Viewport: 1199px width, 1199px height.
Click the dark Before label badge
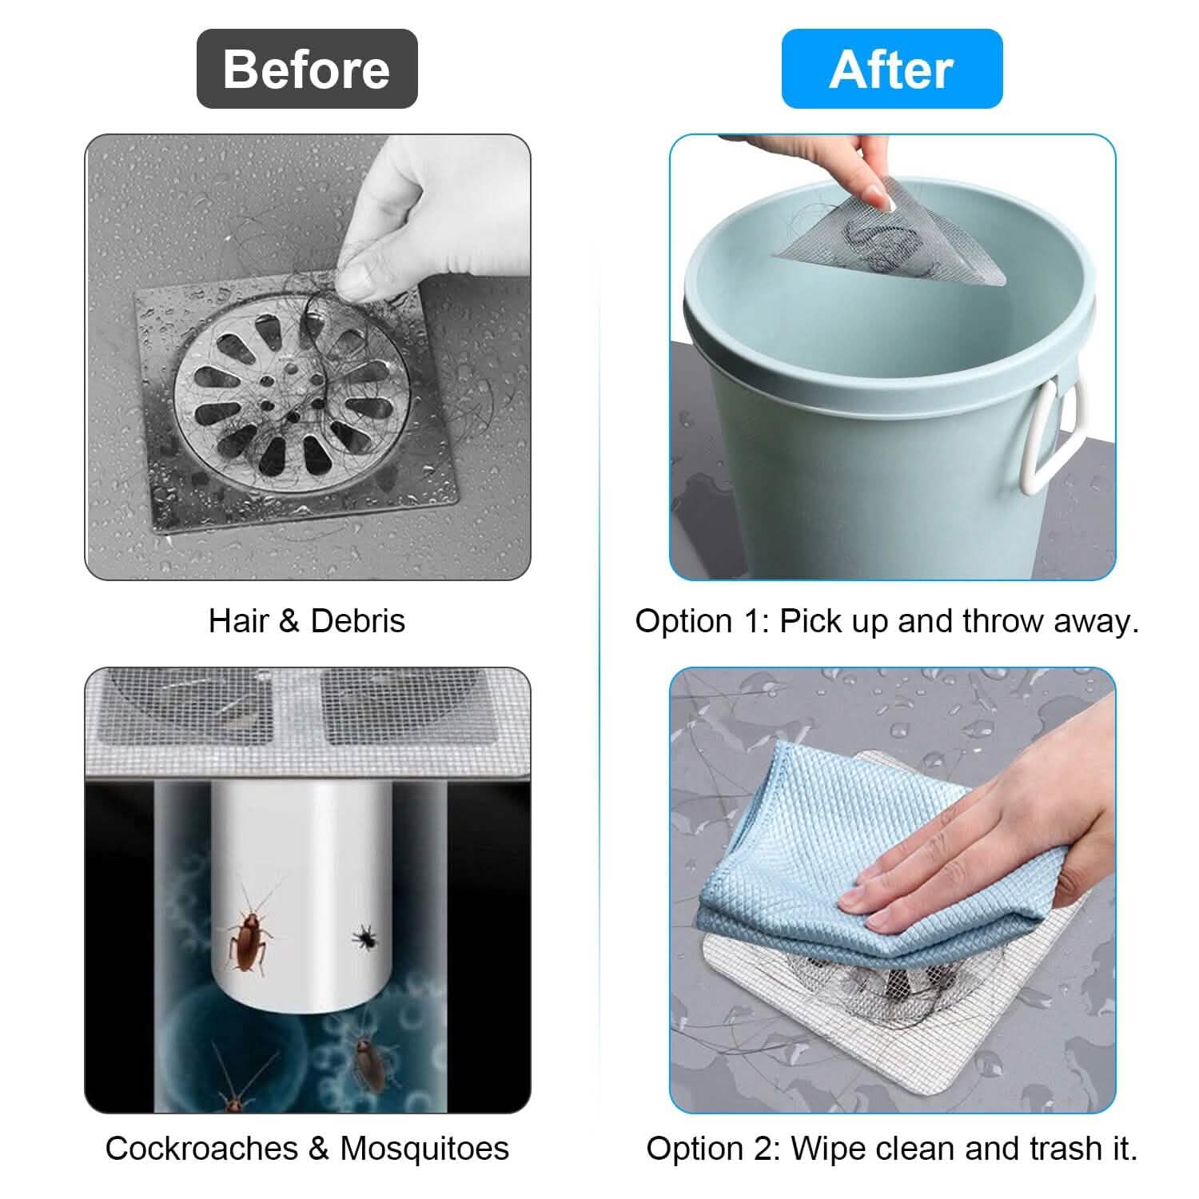point(307,69)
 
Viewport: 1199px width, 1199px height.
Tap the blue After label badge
point(891,69)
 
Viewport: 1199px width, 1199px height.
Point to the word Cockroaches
point(201,1149)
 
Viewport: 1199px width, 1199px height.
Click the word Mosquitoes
point(424,1149)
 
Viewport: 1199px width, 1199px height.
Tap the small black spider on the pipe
point(365,937)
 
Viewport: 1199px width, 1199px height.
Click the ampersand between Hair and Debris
point(289,621)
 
